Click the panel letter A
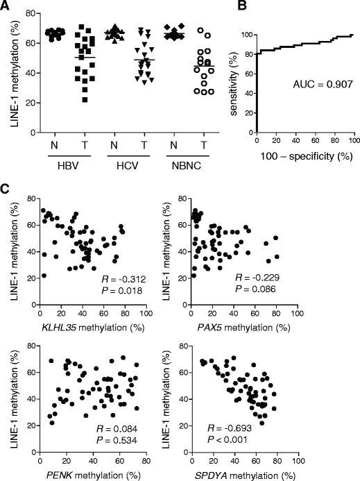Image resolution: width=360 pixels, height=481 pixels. click(6, 6)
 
